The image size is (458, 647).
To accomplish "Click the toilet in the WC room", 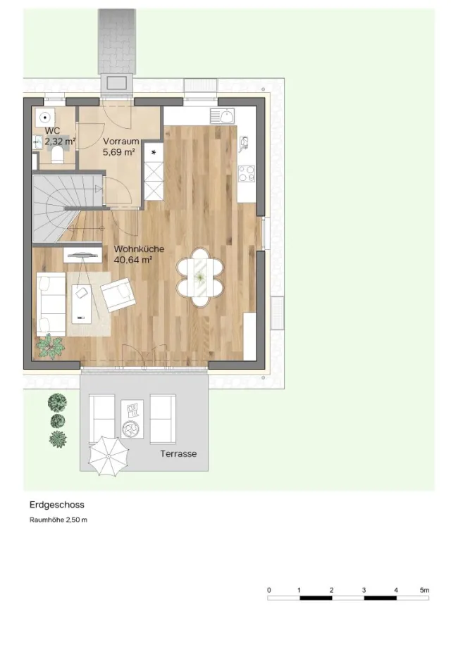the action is [57, 156].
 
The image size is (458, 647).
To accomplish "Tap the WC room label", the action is [52, 132].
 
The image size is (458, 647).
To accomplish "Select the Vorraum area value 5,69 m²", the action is [119, 152].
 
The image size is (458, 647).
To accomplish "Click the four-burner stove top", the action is [246, 173].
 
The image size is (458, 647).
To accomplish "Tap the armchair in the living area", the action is [118, 294].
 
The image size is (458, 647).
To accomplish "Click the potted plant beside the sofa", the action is [51, 346].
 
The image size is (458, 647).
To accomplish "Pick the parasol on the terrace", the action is [109, 456].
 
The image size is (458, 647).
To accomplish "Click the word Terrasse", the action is [178, 454].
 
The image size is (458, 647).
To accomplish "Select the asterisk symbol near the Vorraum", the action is [154, 153].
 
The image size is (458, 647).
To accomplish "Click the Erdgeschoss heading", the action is [57, 505].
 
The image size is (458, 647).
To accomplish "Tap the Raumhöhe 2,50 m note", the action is [58, 520].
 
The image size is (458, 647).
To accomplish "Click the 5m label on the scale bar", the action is [425, 590].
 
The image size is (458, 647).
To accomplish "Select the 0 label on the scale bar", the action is [269, 590].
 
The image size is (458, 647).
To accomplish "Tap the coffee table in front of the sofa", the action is [82, 303].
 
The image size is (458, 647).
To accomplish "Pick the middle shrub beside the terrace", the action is [58, 421].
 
